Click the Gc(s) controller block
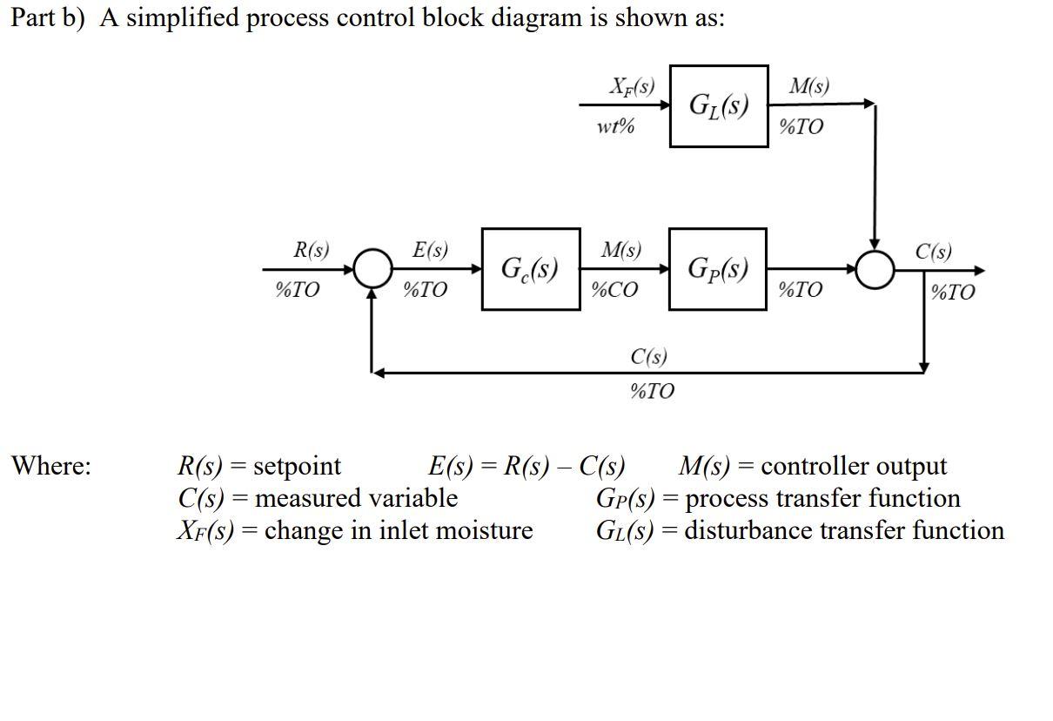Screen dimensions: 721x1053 pyautogui.click(x=531, y=269)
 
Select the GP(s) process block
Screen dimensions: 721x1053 pyautogui.click(x=718, y=269)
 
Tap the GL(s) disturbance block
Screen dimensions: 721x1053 pyautogui.click(x=719, y=106)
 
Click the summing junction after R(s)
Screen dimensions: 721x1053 pyautogui.click(x=372, y=269)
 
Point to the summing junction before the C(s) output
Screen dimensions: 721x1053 pyautogui.click(x=875, y=269)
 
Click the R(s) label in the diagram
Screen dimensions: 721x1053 pyautogui.click(x=312, y=251)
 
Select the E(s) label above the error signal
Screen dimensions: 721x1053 pyautogui.click(x=430, y=251)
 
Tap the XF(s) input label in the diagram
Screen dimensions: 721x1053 pyautogui.click(x=632, y=86)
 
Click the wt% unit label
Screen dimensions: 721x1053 pyautogui.click(x=615, y=126)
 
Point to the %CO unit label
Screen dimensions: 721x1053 pyautogui.click(x=614, y=290)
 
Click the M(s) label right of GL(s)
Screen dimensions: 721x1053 pyautogui.click(x=808, y=86)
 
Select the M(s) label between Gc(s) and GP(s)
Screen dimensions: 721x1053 pyautogui.click(x=621, y=251)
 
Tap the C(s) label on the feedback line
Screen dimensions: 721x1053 pyautogui.click(x=649, y=356)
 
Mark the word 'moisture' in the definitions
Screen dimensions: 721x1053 pyautogui.click(x=483, y=529)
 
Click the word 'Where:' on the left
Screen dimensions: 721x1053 pyautogui.click(x=50, y=466)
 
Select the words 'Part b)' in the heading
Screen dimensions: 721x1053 pyautogui.click(x=50, y=18)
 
